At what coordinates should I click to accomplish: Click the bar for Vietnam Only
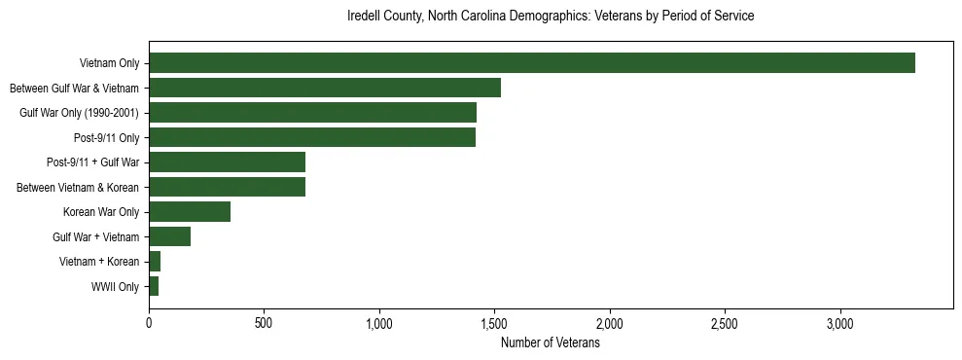(531, 63)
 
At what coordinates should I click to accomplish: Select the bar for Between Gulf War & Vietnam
(324, 88)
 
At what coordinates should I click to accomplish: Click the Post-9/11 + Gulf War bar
(227, 162)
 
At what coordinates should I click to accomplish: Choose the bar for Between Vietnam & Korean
(227, 187)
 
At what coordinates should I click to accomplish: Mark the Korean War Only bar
(190, 212)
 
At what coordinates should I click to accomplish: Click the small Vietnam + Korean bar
(155, 262)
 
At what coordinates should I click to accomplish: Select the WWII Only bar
(154, 287)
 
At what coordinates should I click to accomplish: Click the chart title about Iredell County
(551, 17)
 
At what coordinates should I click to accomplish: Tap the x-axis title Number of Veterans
(551, 343)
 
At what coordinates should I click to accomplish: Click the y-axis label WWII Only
(115, 287)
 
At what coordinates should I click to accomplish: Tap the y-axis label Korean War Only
(101, 212)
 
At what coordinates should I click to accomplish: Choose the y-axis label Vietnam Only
(109, 63)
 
